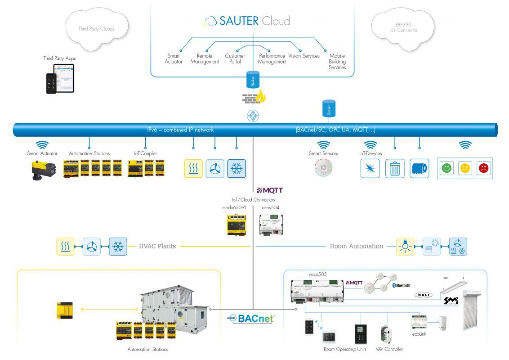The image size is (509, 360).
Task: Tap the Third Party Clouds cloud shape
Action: coord(96,28)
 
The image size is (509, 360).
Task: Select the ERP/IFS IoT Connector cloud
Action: coord(403,27)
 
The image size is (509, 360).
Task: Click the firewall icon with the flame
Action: coord(253,97)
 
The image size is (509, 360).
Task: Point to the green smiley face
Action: coord(446,168)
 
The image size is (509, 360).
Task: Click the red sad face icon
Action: coord(483,168)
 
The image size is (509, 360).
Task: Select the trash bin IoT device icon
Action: coord(395,169)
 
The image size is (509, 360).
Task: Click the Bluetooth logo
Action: coord(401,285)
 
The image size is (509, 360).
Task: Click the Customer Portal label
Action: coord(235,59)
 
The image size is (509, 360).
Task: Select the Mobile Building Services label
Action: coord(337,62)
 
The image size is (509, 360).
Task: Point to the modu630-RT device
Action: coord(237,225)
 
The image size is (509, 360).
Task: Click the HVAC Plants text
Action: coord(157,246)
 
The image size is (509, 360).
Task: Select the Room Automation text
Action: coord(356,246)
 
